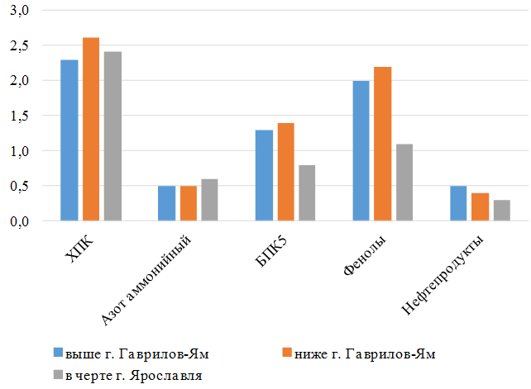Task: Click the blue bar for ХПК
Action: coord(69,140)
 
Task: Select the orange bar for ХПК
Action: coord(90,130)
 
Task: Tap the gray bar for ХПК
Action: coord(112,136)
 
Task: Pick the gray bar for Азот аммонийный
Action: coord(209,200)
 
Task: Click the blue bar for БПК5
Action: coord(264,175)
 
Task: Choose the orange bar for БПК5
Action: coord(285,172)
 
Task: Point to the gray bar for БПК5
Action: coord(307,193)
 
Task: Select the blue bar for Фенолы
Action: coord(361,151)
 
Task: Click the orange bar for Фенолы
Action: coord(383,144)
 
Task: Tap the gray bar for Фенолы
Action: coord(404,183)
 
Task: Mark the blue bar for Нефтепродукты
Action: coord(459,204)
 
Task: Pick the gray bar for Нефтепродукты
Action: coord(502,211)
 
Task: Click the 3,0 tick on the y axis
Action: coord(19,10)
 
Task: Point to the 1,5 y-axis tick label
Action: coord(19,116)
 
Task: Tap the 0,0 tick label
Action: coord(19,221)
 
